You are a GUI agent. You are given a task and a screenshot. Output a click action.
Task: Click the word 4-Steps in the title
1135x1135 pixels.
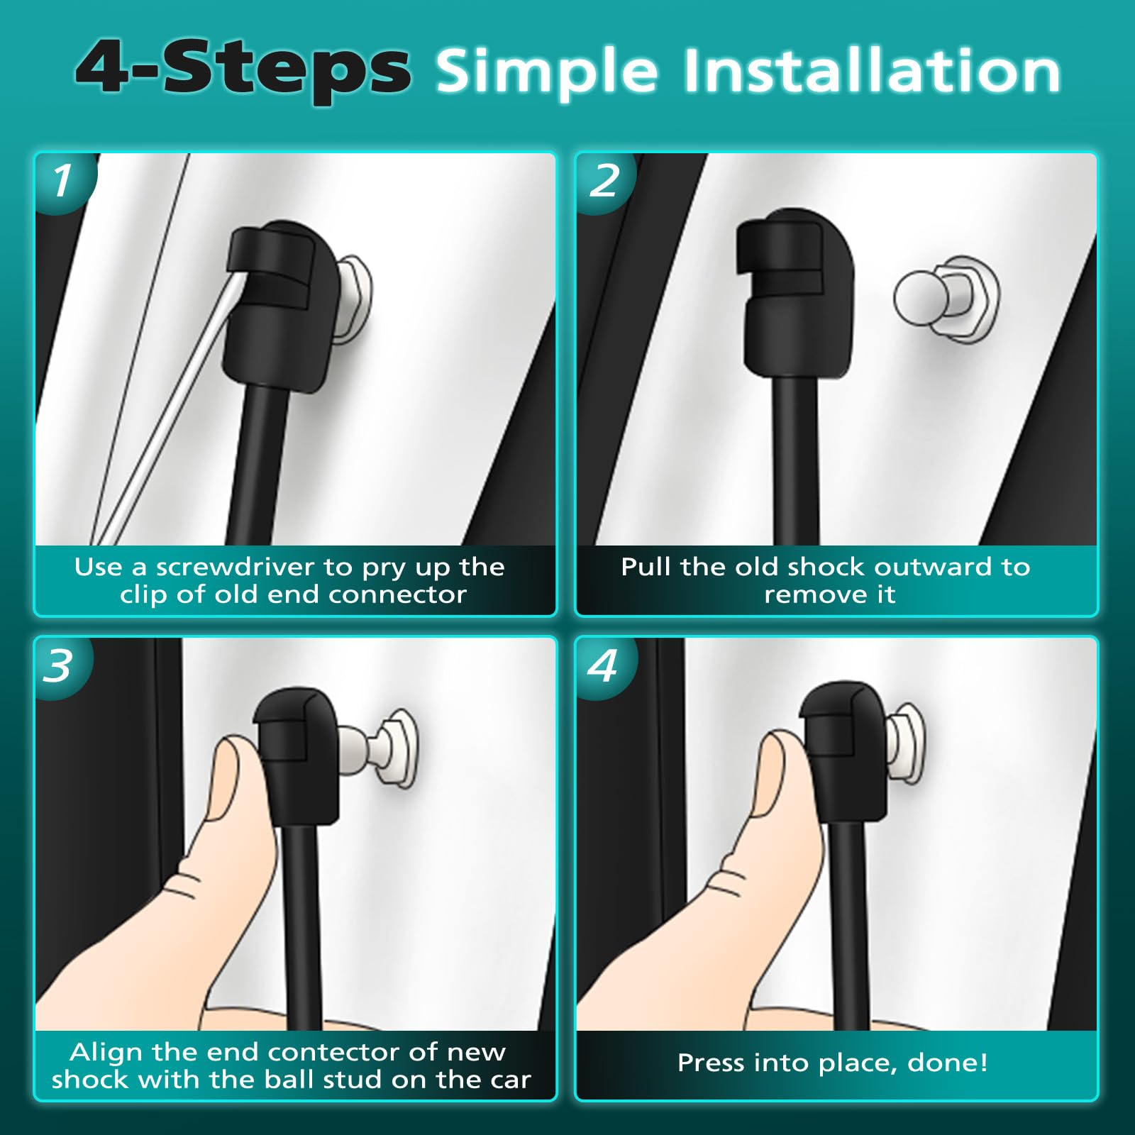pos(243,70)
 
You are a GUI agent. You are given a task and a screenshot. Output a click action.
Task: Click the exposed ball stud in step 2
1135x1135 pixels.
pos(946,298)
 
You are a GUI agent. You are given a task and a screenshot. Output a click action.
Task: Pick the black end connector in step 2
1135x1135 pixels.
pos(795,291)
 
